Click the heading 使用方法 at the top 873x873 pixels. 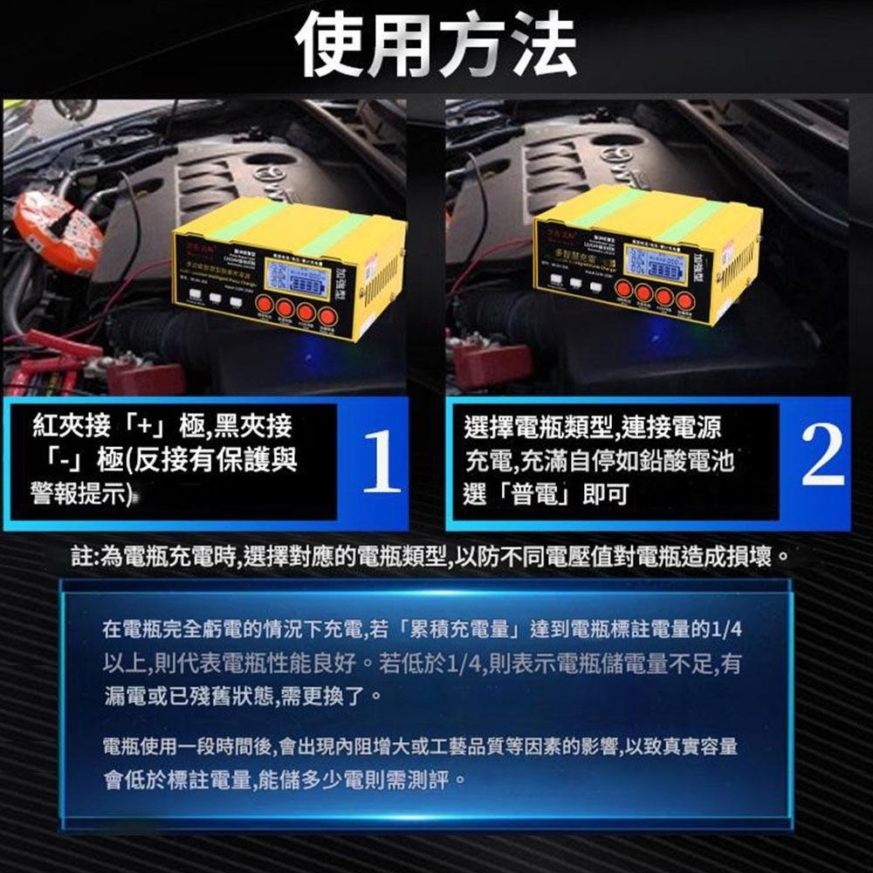tap(436, 45)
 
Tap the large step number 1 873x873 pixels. tap(381, 464)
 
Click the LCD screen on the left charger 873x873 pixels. tap(299, 280)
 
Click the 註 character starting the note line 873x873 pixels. tap(80, 556)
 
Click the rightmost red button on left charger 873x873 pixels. tap(327, 316)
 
